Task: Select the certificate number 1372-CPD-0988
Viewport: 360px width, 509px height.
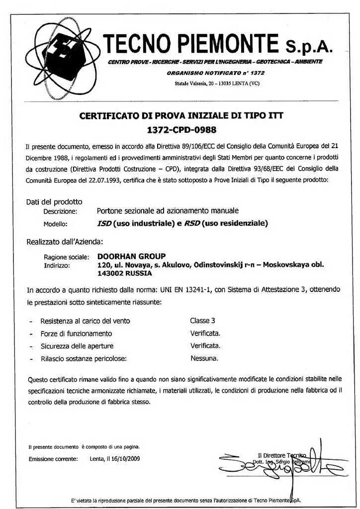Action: [181, 130]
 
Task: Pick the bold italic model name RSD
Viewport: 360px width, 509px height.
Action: [192, 223]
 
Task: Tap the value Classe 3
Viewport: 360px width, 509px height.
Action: [202, 321]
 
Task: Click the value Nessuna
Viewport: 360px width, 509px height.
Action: [204, 358]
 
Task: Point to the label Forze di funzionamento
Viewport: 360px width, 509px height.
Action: [76, 333]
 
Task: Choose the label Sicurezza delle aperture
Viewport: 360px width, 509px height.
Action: [77, 345]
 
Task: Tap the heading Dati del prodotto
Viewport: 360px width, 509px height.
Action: [54, 202]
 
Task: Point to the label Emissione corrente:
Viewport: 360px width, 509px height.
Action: [53, 458]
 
